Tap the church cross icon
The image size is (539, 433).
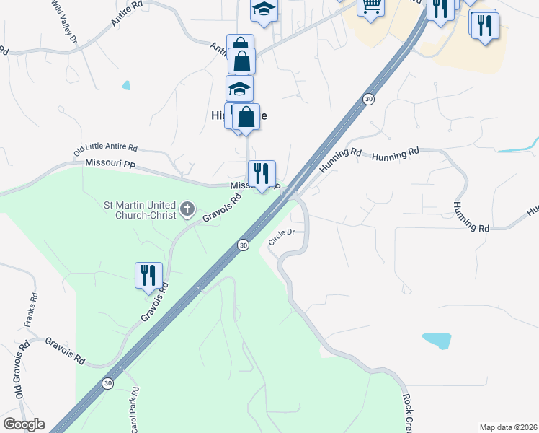(x=187, y=210)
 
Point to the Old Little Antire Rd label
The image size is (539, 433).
(x=105, y=150)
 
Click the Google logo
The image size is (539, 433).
(x=23, y=424)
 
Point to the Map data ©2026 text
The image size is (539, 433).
(x=509, y=427)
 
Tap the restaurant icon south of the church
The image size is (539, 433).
(x=148, y=276)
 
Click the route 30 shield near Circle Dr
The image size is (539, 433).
(x=244, y=245)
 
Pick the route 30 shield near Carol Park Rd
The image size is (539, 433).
(x=107, y=383)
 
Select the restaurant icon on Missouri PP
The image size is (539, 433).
(x=262, y=173)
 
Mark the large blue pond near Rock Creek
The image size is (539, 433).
(x=437, y=340)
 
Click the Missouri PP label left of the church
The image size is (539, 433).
(x=110, y=165)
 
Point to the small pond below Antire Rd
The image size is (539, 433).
(x=127, y=85)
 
